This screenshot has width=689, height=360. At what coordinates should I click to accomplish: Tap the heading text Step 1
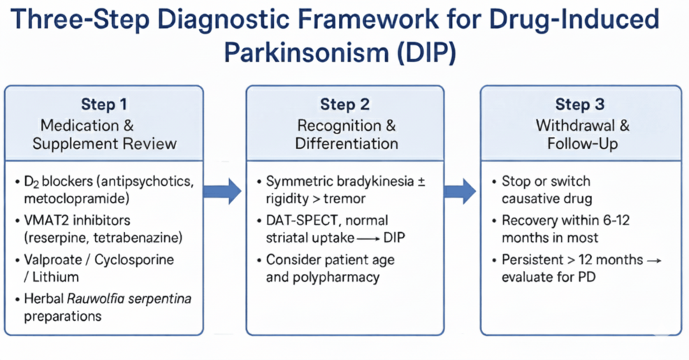point(104,105)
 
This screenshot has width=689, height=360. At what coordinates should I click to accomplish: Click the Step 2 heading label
point(344,105)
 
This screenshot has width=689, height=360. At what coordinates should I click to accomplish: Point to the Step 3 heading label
point(579,105)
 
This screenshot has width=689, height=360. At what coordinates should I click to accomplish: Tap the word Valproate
point(52,259)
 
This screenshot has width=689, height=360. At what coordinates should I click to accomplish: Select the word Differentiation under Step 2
point(347,144)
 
